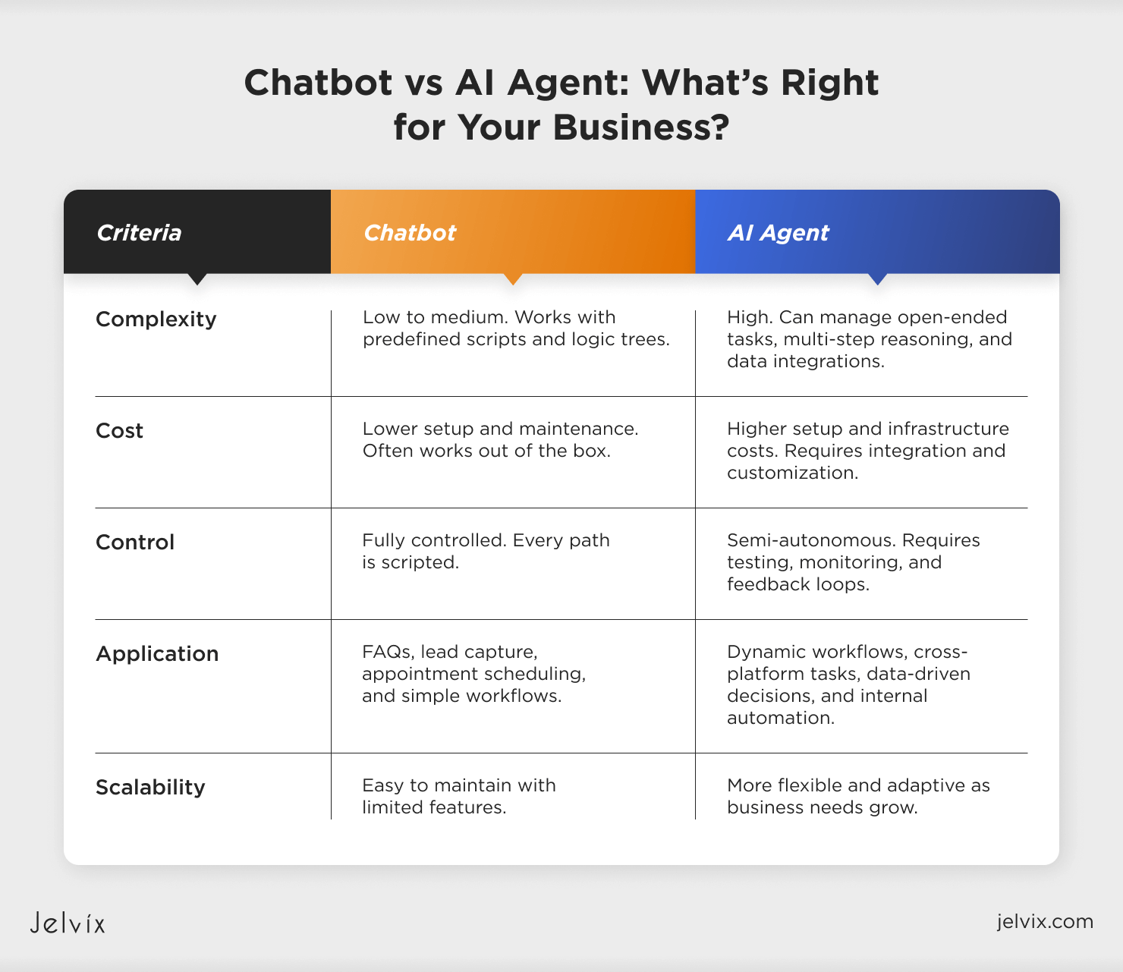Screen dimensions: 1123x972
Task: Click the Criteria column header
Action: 139,232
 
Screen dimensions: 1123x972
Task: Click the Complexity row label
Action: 156,319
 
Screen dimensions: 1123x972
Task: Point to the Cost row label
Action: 120,431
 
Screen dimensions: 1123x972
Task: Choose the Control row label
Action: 135,543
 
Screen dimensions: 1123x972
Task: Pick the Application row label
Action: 157,654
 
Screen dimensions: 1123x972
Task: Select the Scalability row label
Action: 150,788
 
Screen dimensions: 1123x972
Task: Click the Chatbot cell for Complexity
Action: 516,328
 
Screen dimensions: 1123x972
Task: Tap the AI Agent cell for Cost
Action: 867,451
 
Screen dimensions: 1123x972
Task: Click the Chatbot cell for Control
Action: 486,551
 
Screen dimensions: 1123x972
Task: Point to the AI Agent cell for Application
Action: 848,684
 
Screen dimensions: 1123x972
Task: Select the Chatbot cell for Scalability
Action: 458,796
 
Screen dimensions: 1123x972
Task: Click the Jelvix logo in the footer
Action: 68,923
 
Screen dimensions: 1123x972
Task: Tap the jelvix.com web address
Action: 1045,921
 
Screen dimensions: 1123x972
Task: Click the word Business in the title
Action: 641,127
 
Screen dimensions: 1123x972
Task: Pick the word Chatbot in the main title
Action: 319,83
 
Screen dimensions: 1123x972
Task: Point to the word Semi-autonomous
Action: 811,540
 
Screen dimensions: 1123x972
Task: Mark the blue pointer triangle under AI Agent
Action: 877,278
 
